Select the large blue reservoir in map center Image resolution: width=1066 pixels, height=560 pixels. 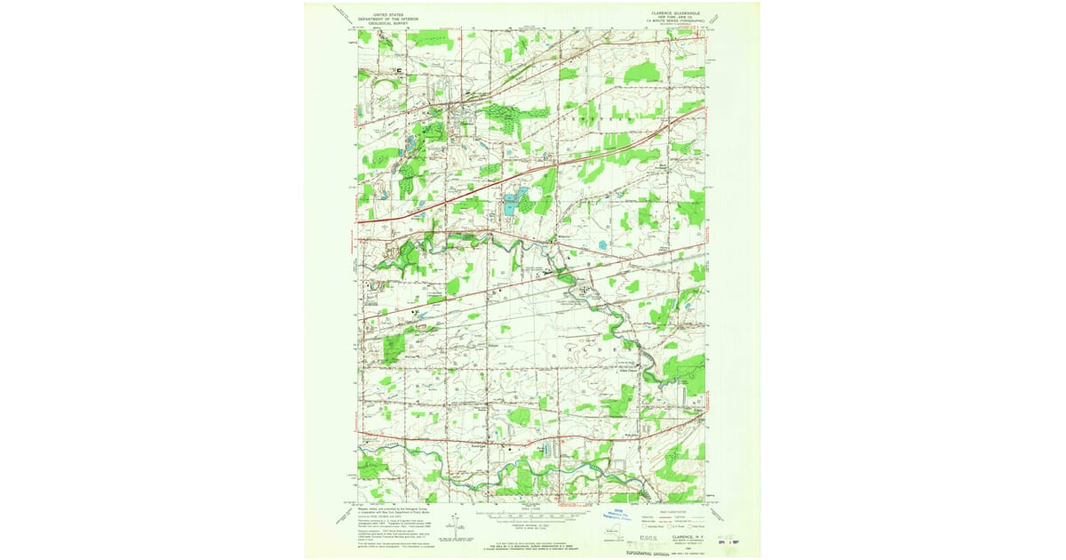(511, 204)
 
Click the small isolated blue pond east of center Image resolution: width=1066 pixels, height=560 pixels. (603, 244)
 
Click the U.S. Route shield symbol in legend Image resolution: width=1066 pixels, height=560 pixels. (674, 526)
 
